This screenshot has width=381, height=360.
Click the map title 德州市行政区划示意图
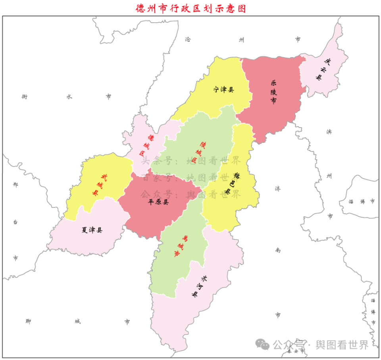190,8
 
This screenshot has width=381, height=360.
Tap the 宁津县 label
223,90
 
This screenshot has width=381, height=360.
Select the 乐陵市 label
273,92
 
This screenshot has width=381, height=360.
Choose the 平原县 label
158,202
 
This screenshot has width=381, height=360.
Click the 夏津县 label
92,230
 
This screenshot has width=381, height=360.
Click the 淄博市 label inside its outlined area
362,201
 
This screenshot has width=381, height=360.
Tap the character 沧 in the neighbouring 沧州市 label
188,39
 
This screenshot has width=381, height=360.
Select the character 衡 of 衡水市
25,97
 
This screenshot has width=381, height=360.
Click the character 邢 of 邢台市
15,184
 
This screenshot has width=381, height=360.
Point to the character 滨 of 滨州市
329,132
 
